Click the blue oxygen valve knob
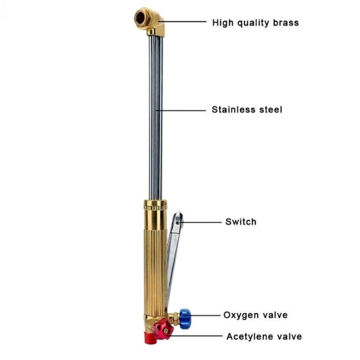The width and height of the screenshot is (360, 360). coord(185,316)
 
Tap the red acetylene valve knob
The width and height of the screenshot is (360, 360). coord(163,330)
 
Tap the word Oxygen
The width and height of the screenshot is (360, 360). coord(241,315)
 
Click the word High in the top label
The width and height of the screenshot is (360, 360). coord(222,22)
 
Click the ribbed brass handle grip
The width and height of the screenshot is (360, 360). coord(155,264)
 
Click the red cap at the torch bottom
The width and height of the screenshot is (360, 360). coord(149,338)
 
